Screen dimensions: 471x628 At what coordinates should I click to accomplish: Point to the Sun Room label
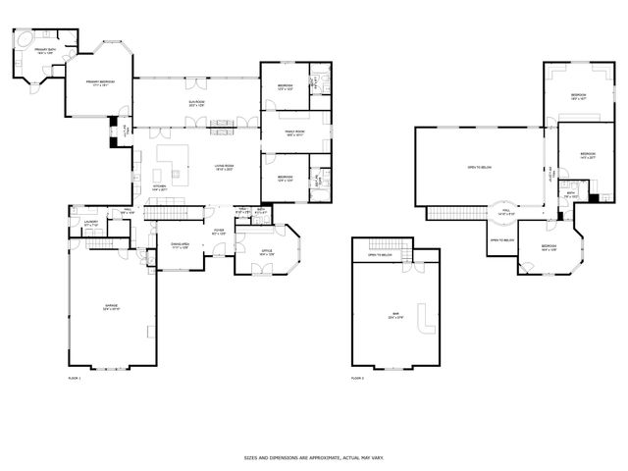[197, 102]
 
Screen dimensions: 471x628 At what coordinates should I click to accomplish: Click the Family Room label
[295, 132]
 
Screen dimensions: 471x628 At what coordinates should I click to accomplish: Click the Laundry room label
[90, 224]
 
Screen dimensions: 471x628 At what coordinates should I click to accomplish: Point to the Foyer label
[220, 232]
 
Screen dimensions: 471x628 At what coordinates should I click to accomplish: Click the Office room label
[266, 253]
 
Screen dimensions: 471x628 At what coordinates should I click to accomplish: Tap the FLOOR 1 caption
[74, 377]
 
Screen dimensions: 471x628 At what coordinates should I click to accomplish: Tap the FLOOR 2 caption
[357, 377]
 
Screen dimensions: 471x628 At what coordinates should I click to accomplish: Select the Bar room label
[393, 317]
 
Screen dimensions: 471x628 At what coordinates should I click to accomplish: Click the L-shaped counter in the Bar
[425, 322]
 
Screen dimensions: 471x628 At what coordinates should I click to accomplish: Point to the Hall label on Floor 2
[506, 211]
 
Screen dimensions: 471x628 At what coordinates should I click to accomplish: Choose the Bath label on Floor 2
[570, 193]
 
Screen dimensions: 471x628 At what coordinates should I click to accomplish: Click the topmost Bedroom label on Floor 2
[578, 96]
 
